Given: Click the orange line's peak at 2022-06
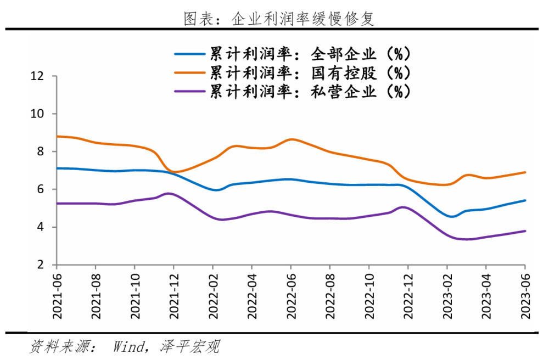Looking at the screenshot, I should pos(291,139).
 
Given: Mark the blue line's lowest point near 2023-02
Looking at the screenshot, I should pos(451,217).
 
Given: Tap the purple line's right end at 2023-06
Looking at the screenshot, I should pos(525,231).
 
